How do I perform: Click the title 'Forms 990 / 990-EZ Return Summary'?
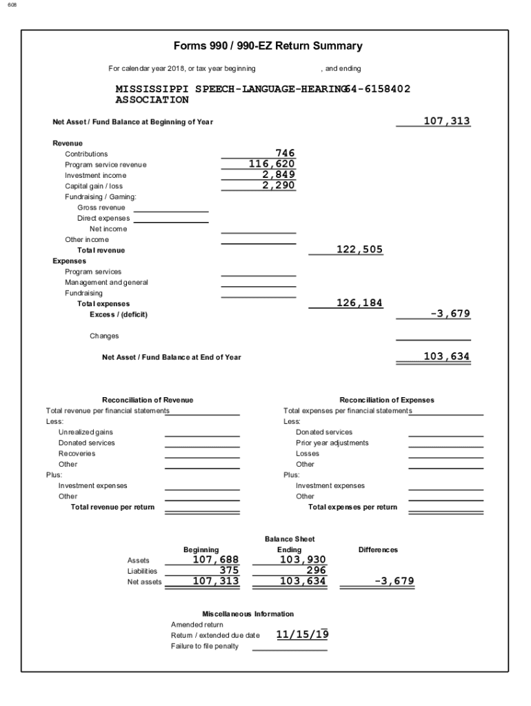click(x=268, y=46)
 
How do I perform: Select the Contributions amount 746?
click(x=284, y=153)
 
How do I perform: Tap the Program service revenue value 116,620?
click(x=272, y=164)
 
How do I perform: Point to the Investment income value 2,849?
click(x=278, y=174)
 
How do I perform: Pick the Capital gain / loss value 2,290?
click(x=278, y=185)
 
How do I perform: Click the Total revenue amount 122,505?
click(x=359, y=250)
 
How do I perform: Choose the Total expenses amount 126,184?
click(x=359, y=303)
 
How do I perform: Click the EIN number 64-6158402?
click(x=379, y=89)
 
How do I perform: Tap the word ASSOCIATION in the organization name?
click(x=152, y=100)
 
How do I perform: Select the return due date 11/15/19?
click(x=302, y=634)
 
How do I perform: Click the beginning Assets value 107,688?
click(x=215, y=560)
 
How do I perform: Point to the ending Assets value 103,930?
click(x=302, y=560)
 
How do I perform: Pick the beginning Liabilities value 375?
click(x=228, y=570)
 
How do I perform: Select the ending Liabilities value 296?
click(x=316, y=570)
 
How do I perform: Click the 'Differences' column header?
click(x=378, y=549)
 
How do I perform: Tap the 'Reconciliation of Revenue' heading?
click(x=148, y=400)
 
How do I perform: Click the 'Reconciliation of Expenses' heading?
click(x=387, y=400)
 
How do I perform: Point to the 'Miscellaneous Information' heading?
click(x=248, y=614)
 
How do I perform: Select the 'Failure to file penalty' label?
click(x=205, y=646)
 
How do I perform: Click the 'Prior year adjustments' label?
click(x=332, y=443)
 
